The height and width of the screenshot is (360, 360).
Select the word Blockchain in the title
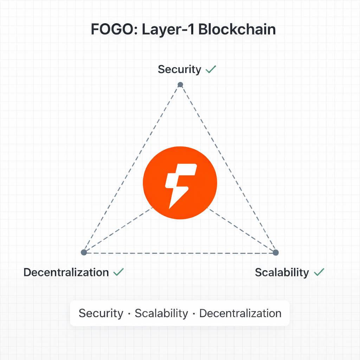[x=237, y=30]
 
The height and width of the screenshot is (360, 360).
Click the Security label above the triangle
[x=179, y=69]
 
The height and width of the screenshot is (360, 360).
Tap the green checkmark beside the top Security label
[x=211, y=69]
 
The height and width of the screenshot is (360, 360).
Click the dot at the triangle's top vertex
[x=180, y=84]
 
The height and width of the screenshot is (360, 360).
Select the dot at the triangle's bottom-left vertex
[x=84, y=252]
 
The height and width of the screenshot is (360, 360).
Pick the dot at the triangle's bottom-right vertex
[x=276, y=252]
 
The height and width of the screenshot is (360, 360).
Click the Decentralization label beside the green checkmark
[x=66, y=272]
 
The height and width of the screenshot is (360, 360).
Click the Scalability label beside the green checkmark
[x=282, y=272]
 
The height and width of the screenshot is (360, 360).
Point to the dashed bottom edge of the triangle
[x=180, y=252]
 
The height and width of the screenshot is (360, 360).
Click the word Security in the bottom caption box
[x=101, y=313]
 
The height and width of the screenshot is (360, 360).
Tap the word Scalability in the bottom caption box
[x=161, y=313]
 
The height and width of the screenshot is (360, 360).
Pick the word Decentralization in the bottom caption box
[x=240, y=313]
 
